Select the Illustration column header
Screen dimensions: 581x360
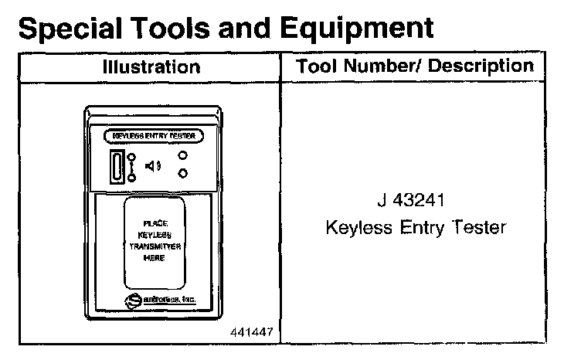click(x=151, y=66)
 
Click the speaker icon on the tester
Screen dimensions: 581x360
click(x=154, y=165)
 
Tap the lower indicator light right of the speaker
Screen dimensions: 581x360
click(x=183, y=173)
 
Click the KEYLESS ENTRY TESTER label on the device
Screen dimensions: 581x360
click(x=155, y=135)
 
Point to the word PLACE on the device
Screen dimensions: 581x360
click(x=155, y=223)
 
